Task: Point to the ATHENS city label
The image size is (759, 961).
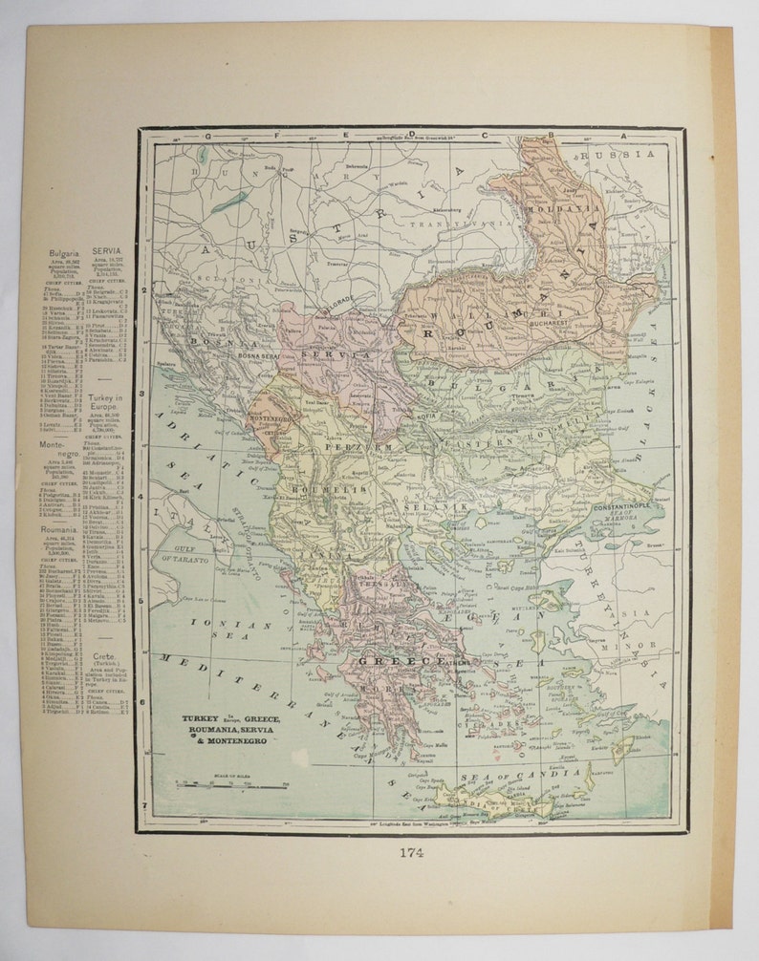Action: [x=461, y=660]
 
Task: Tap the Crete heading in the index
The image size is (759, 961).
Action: [x=106, y=658]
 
